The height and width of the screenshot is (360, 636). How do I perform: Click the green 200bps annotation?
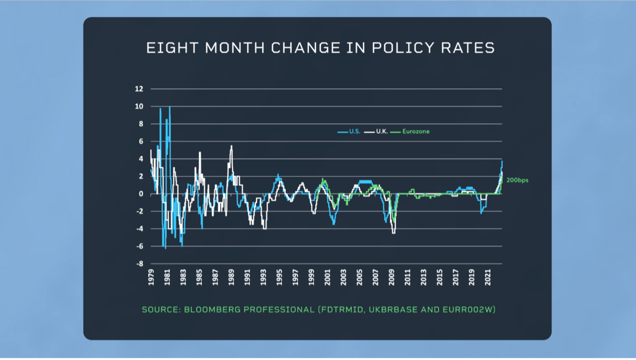coord(517,181)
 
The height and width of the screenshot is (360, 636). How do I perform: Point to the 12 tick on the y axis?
coord(139,89)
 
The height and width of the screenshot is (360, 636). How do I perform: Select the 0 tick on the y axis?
coord(141,194)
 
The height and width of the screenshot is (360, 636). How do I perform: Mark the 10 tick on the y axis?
coord(139,106)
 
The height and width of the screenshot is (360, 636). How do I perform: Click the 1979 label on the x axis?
coord(151,276)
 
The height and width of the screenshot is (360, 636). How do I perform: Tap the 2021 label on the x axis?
coord(487,276)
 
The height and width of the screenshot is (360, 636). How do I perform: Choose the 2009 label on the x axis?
coord(391,276)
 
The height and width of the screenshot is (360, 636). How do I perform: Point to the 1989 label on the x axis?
coord(231,276)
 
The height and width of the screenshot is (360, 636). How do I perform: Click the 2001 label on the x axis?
coord(327,276)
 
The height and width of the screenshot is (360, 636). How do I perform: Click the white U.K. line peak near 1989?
coord(231,146)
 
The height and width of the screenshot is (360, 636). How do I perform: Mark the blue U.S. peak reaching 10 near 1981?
coord(169,107)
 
